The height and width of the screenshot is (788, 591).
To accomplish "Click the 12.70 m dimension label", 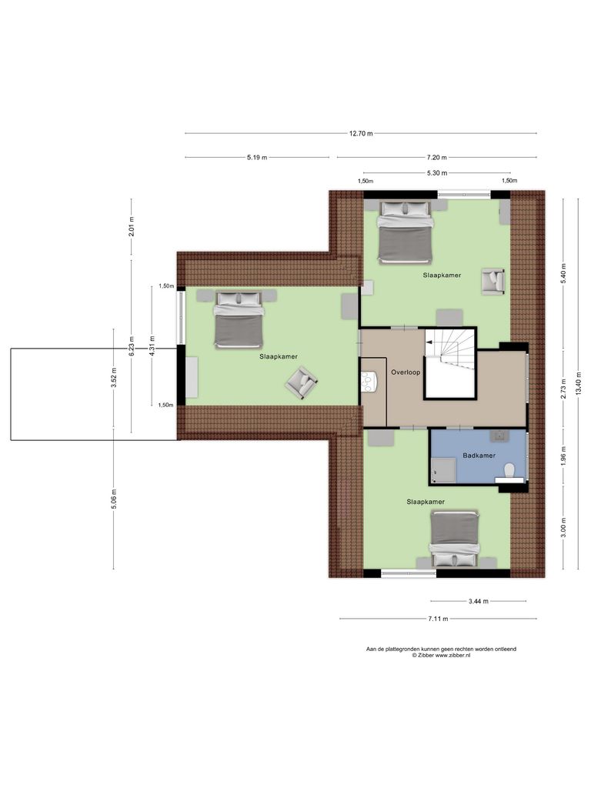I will point(360,133).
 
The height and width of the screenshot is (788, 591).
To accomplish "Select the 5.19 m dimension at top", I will point(257,157).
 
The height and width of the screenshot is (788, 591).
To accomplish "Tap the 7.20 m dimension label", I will point(436,157).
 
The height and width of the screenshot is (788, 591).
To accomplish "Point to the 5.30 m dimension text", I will point(436,173).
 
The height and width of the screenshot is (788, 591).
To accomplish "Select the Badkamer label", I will point(479,456).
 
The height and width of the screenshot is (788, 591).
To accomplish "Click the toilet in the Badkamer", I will point(509,470).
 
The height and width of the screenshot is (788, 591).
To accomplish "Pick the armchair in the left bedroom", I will point(301,382).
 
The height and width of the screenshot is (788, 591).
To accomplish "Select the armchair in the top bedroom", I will point(492,281).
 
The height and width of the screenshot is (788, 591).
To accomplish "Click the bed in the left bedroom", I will point(239,319).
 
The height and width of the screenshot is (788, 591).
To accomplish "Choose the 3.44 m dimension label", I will point(478,601).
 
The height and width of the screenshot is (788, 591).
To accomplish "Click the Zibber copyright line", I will point(441,656).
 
